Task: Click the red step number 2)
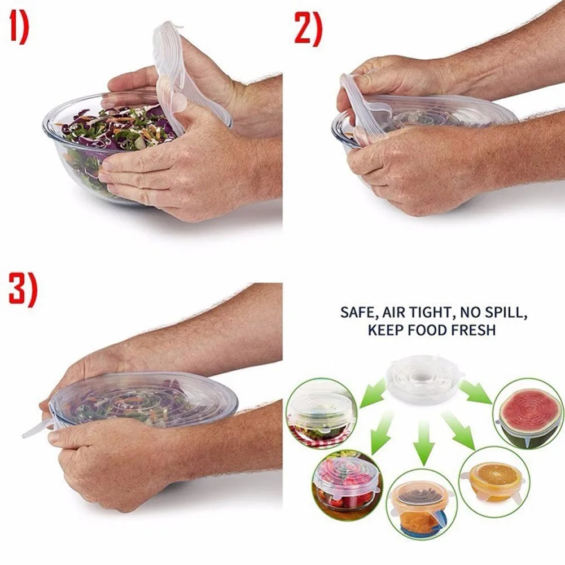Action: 308,29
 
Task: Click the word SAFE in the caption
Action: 357,313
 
